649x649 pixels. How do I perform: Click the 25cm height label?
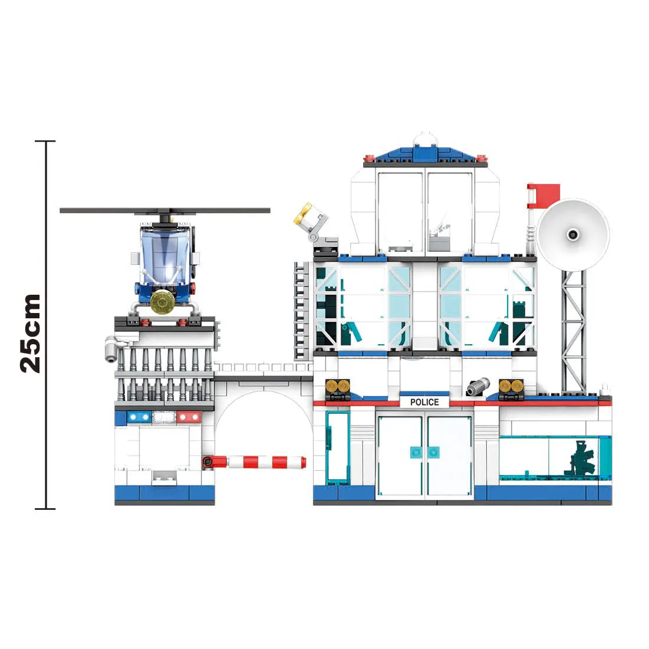[x=31, y=333]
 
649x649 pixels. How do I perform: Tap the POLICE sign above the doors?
[x=424, y=402]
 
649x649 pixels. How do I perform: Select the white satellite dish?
[x=573, y=235]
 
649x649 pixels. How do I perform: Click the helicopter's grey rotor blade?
[x=164, y=210]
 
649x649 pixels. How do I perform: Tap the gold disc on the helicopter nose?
[x=163, y=302]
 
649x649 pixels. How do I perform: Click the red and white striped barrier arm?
[x=254, y=462]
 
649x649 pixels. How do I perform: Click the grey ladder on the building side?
[x=301, y=311]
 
